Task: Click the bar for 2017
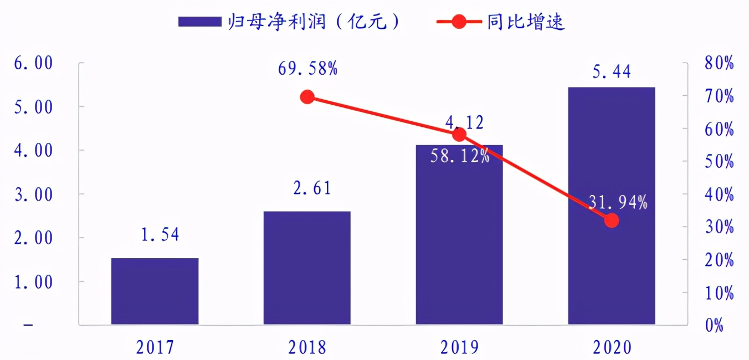click(155, 291)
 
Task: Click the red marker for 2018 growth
click(307, 97)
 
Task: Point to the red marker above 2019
click(459, 135)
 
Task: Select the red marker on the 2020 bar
click(612, 220)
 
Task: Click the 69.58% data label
click(307, 69)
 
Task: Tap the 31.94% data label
click(617, 203)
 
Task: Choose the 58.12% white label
click(460, 157)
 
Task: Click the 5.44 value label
click(612, 71)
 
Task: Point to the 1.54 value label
click(160, 235)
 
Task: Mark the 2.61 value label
click(312, 188)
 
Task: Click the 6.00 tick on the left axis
click(34, 63)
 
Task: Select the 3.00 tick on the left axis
click(34, 194)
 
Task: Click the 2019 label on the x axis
click(459, 347)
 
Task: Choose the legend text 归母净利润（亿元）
click(313, 22)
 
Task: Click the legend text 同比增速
click(526, 22)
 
